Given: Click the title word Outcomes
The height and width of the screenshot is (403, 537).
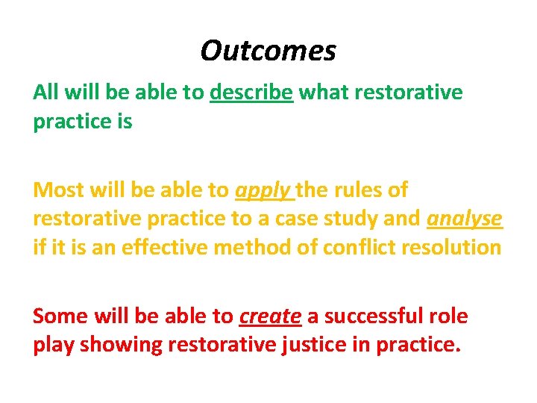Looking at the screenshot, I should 268,51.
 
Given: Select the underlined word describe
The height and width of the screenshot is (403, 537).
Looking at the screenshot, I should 251,93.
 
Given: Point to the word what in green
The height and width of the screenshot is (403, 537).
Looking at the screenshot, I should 323,93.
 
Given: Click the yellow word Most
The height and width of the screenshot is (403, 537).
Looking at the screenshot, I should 57,190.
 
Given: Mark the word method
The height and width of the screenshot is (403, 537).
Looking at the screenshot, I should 257,248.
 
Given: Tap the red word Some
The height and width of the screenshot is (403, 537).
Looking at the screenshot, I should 60,316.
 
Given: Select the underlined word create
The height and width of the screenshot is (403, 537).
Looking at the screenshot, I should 270,316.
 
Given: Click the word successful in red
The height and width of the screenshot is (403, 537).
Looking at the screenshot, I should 375,316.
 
